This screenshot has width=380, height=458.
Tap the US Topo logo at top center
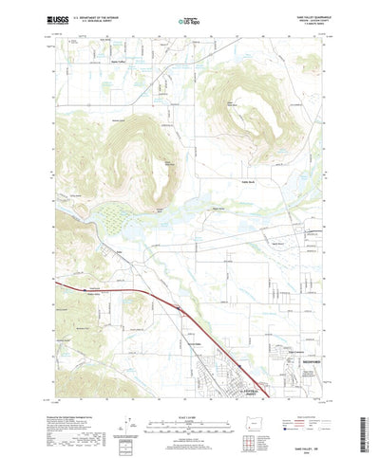(x=190, y=18)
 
